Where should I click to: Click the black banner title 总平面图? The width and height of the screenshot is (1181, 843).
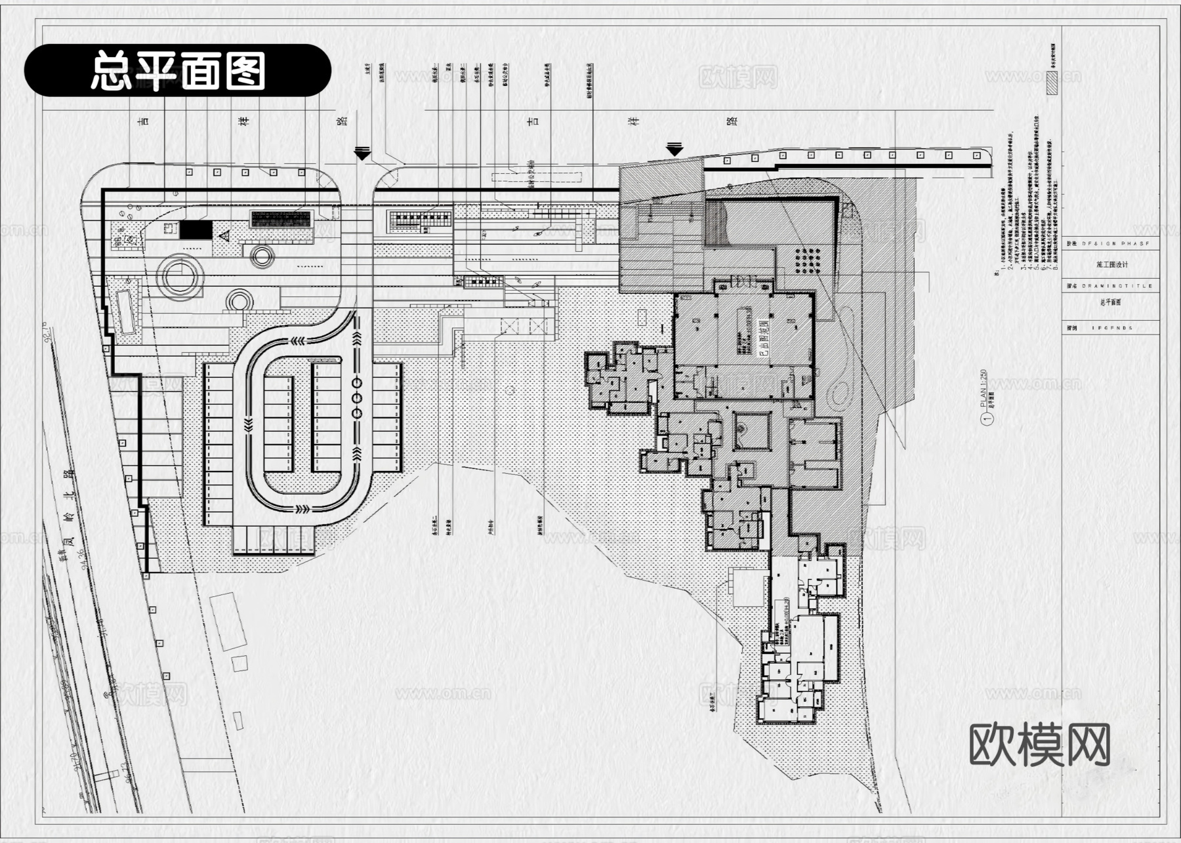point(178,70)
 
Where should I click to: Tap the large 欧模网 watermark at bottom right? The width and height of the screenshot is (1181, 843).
point(1039,745)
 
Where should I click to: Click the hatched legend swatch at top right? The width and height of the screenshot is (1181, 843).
point(1052,84)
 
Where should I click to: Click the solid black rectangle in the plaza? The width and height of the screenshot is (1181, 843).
point(196,230)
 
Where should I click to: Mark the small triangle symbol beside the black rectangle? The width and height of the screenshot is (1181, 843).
point(224,235)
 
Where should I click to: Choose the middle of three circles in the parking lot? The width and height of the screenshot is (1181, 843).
point(358,398)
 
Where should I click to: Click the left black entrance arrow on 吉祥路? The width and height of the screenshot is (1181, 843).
point(362,154)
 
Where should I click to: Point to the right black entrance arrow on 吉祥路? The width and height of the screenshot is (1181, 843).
point(674,149)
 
